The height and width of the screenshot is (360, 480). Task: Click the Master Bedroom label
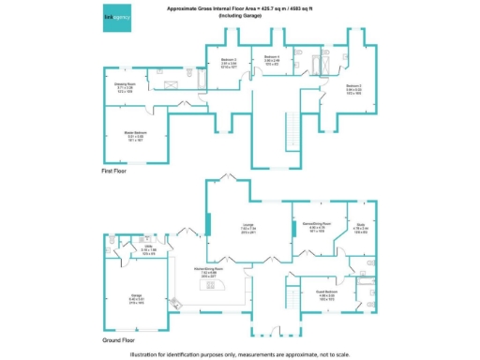click(135, 133)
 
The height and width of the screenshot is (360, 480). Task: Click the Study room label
click(359, 225)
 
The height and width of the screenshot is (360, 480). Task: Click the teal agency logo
click(117, 18)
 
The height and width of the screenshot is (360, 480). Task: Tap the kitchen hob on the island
click(212, 304)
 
